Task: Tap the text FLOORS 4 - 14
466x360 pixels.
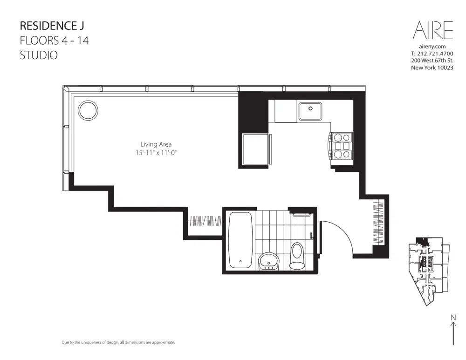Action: (54, 40)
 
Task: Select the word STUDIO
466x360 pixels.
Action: (39, 55)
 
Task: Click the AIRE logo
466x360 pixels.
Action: (432, 30)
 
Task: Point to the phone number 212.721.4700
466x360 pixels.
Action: (436, 54)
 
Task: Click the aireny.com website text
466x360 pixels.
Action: (432, 47)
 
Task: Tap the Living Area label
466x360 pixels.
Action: (156, 144)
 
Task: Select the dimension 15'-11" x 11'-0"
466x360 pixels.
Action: (156, 153)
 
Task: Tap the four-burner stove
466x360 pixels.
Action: (342, 146)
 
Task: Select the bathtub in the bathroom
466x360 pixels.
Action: (240, 240)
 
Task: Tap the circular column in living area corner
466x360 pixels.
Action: (88, 111)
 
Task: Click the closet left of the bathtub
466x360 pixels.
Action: (205, 221)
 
